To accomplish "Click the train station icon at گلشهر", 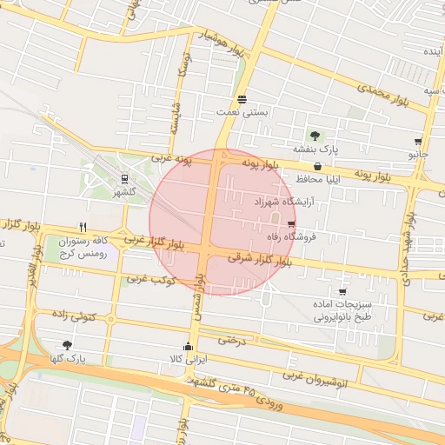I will click(x=124, y=178).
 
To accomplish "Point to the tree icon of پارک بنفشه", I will click(x=314, y=135).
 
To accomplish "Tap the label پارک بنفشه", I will click(x=313, y=149).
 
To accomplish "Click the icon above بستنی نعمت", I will click(x=242, y=99).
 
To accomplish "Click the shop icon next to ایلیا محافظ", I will click(x=317, y=166).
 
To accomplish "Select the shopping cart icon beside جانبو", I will click(x=418, y=141).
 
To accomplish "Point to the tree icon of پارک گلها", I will click(x=67, y=345).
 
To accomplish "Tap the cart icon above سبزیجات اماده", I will click(x=342, y=292).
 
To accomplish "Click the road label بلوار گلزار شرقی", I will click(x=256, y=258).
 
